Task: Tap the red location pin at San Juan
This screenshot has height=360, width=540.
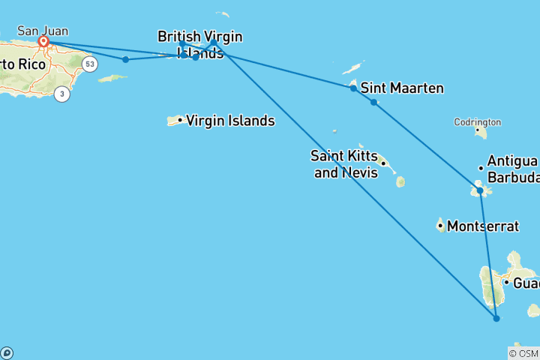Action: click(x=44, y=42)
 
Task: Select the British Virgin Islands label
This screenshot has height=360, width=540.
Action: click(x=199, y=44)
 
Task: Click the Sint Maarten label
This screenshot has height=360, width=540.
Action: click(x=402, y=88)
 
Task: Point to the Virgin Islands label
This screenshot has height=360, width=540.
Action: click(x=229, y=121)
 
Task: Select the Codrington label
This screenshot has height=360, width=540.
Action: click(x=477, y=122)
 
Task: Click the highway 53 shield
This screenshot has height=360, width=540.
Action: click(x=90, y=64)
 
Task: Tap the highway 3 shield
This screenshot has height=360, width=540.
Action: click(x=62, y=94)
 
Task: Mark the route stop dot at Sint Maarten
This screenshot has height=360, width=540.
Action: click(x=353, y=88)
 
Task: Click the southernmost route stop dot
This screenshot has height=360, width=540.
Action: click(x=496, y=319)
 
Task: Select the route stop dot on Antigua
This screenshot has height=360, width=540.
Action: click(x=481, y=191)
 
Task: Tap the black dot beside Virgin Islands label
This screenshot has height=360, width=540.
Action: click(x=180, y=120)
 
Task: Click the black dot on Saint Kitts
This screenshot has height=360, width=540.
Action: click(x=382, y=163)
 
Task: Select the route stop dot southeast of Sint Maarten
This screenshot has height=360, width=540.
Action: click(x=373, y=102)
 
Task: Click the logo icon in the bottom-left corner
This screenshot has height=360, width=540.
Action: click(x=7, y=352)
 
